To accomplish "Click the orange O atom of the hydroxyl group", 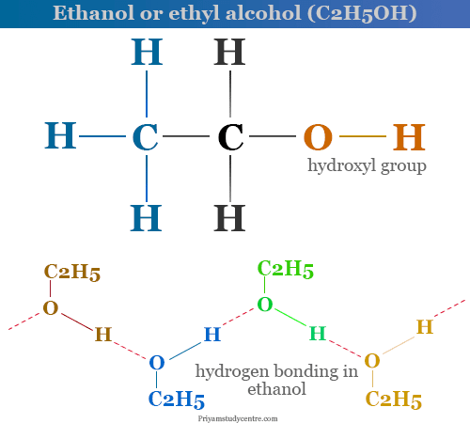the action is (318, 137).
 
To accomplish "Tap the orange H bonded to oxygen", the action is (409, 137).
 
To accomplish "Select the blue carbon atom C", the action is (145, 137).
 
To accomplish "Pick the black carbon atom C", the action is (230, 137).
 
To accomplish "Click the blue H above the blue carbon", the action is (147, 52).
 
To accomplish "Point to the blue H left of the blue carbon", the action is (60, 135).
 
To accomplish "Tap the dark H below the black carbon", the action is (229, 218).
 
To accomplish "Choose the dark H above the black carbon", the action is (229, 52).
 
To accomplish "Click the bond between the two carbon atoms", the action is (186, 136).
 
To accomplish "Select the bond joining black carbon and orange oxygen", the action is (273, 136).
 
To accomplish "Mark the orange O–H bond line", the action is (363, 136).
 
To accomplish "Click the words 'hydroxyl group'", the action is (367, 165).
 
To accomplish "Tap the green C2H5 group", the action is (286, 269).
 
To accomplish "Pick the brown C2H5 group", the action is (72, 272).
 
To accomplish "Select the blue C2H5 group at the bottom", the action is (177, 399).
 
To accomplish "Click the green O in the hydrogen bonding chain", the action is (265, 305).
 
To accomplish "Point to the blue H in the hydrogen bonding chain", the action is (212, 334).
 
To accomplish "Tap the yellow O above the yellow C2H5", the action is (372, 361).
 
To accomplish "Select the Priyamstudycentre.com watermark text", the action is (238, 418).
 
